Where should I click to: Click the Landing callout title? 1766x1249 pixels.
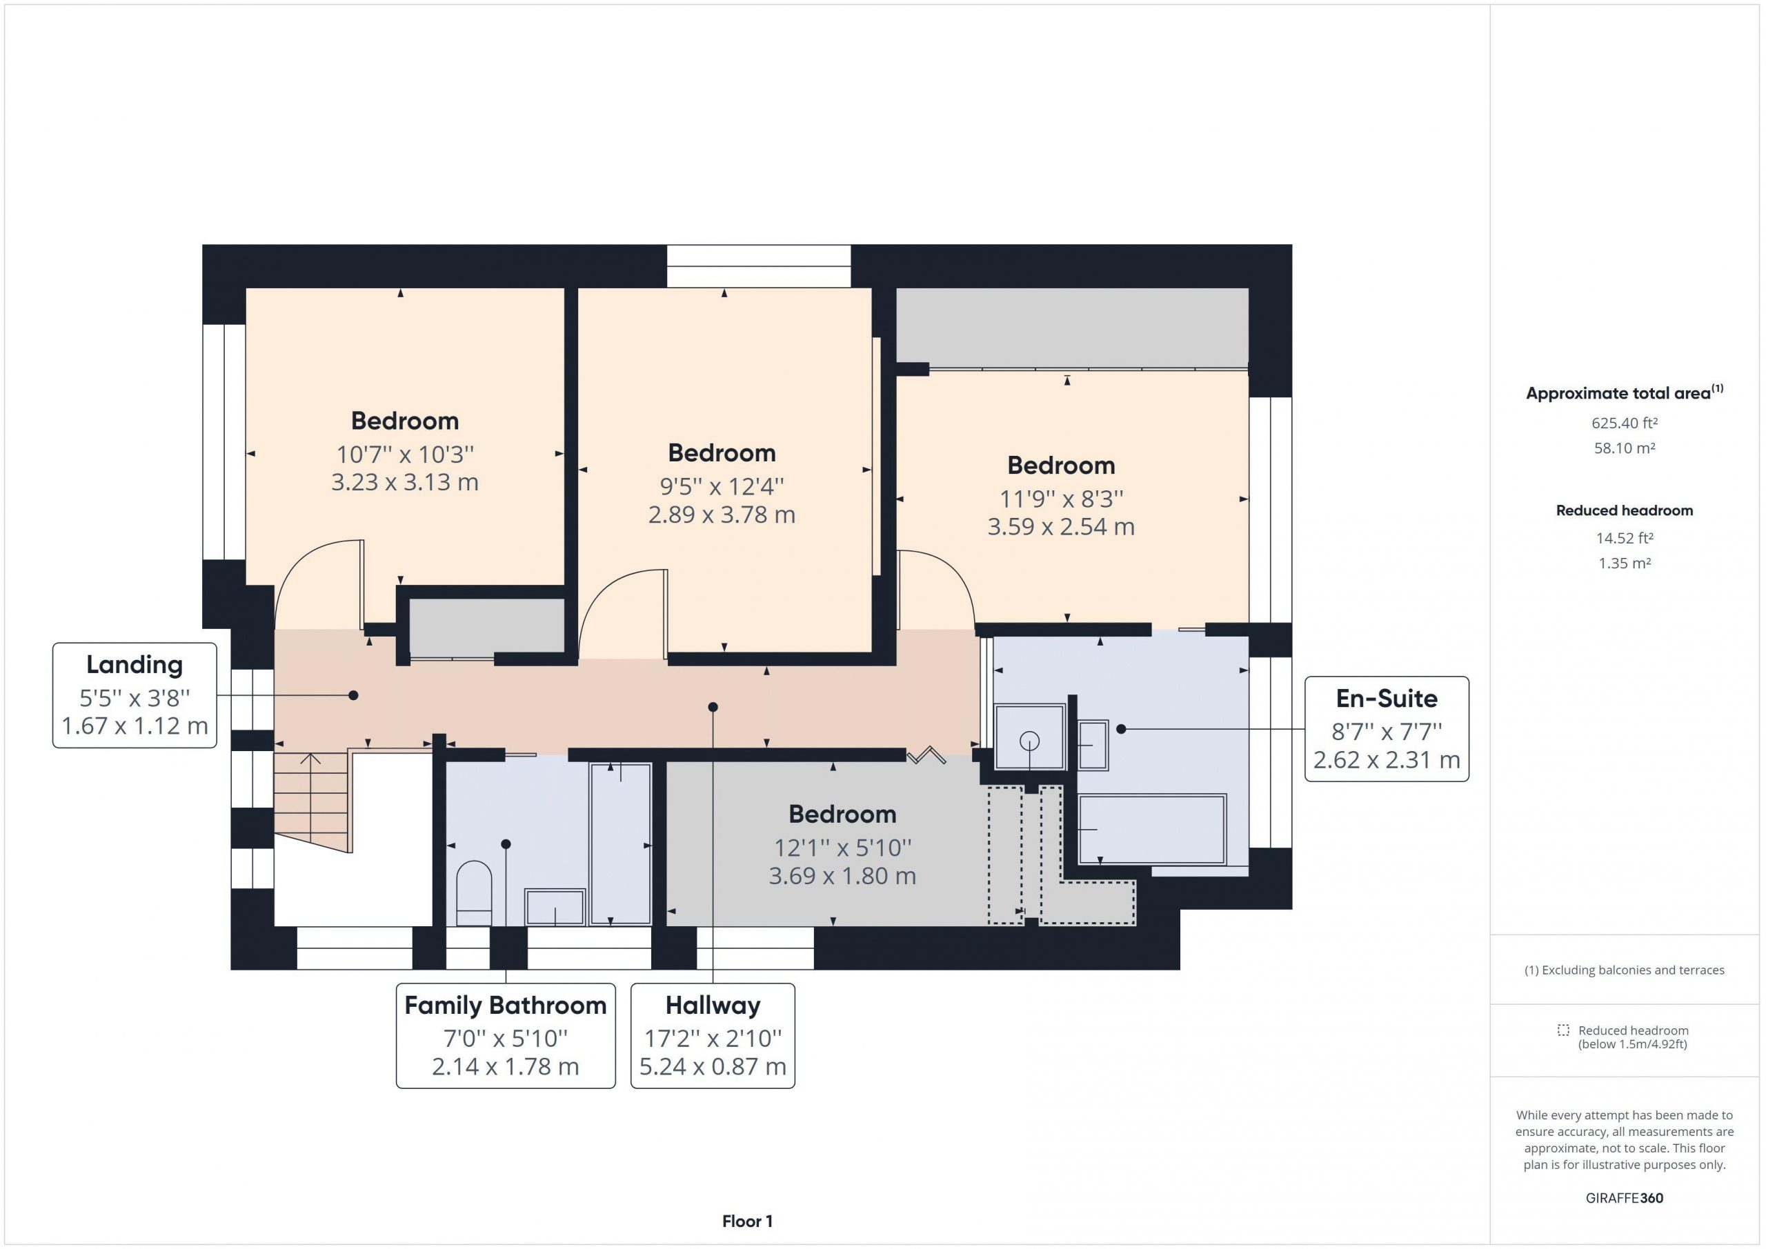[135, 664]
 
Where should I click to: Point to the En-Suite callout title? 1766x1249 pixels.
[1387, 699]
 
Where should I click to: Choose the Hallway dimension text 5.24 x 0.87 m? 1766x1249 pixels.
[713, 1067]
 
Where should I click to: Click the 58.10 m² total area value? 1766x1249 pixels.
[1625, 448]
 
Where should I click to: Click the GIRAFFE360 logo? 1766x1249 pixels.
[1625, 1197]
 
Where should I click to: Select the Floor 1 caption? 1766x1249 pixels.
[748, 1221]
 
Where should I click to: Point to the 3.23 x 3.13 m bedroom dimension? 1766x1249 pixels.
[404, 482]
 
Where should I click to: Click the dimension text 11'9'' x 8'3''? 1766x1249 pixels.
[1062, 499]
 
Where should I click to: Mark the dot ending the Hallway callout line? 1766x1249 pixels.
[713, 707]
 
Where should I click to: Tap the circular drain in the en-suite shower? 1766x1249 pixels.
[1029, 741]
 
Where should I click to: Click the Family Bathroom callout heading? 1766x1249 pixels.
[506, 1005]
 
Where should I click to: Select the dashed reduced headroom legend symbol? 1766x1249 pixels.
[1563, 1030]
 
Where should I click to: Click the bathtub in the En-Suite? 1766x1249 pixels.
[1151, 830]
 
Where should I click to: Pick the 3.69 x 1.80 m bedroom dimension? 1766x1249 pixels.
[842, 876]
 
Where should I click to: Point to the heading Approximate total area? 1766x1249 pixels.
[1618, 394]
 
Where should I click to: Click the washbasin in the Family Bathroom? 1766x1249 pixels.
[555, 907]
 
